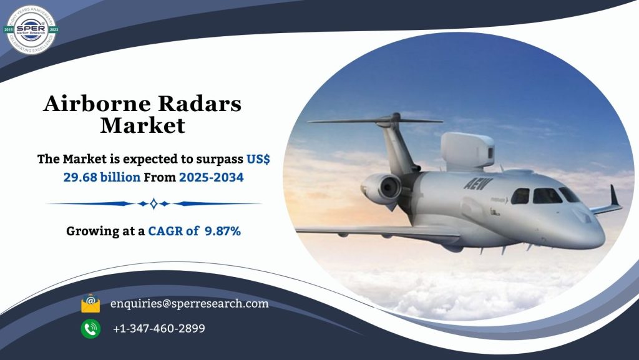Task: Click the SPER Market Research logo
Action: point(31,29)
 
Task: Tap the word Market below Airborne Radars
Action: point(143,125)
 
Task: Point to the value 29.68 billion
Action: point(102,177)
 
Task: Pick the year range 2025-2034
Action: point(211,177)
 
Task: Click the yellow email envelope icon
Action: point(90,304)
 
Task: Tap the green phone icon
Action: point(90,328)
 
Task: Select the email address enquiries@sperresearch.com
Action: point(189,304)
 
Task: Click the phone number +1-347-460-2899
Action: point(159,328)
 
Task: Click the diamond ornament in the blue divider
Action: point(154,203)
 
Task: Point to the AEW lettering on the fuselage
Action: point(478,183)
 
